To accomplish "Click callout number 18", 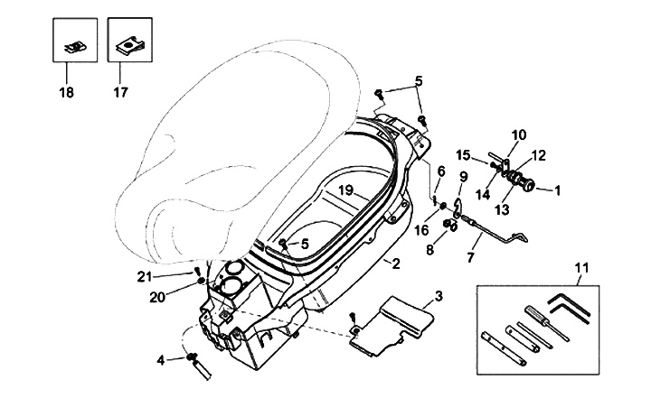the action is (66, 92).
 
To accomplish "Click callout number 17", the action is (121, 92).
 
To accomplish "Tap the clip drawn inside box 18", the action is (75, 48).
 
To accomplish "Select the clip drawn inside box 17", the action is (130, 46).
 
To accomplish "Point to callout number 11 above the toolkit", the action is (582, 268).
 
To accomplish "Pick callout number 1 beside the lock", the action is (558, 191).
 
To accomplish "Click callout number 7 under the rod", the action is (470, 258).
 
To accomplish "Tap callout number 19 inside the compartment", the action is (345, 190).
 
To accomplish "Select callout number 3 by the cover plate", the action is (439, 296).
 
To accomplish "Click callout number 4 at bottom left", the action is (161, 361).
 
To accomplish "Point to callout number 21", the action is (145, 276).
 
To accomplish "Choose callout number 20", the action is (157, 297).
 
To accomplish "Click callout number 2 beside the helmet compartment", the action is (396, 264).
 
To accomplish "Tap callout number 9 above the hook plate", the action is (463, 177).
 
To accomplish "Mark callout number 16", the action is (422, 230).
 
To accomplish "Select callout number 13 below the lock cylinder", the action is (502, 209).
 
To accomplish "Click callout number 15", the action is (463, 155).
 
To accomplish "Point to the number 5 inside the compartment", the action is (305, 245).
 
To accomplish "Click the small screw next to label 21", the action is (198, 272).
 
